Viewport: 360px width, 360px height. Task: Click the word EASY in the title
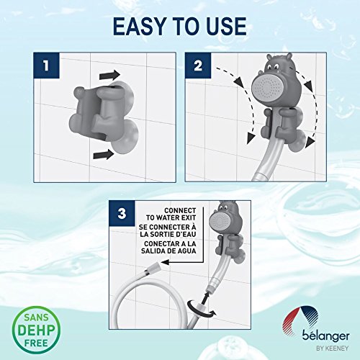(x=140, y=26)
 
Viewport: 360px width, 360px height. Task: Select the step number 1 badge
(x=47, y=66)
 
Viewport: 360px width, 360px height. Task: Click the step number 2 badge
(x=198, y=66)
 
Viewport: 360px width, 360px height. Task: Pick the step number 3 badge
(x=122, y=213)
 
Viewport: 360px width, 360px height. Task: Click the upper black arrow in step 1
(x=109, y=75)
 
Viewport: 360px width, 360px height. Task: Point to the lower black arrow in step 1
(x=104, y=154)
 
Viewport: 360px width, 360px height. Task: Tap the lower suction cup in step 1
(x=125, y=137)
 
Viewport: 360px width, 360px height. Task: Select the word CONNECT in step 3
(x=180, y=210)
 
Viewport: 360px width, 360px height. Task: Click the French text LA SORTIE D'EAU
(x=168, y=234)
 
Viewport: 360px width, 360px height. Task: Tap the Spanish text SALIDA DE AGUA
(x=168, y=251)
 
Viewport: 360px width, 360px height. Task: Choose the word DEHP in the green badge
(x=36, y=330)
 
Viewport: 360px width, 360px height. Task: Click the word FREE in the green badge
(x=36, y=343)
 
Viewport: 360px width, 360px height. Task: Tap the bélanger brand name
(x=325, y=336)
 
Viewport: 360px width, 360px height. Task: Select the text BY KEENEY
(x=333, y=348)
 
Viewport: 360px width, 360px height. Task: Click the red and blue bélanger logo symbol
(x=300, y=319)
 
